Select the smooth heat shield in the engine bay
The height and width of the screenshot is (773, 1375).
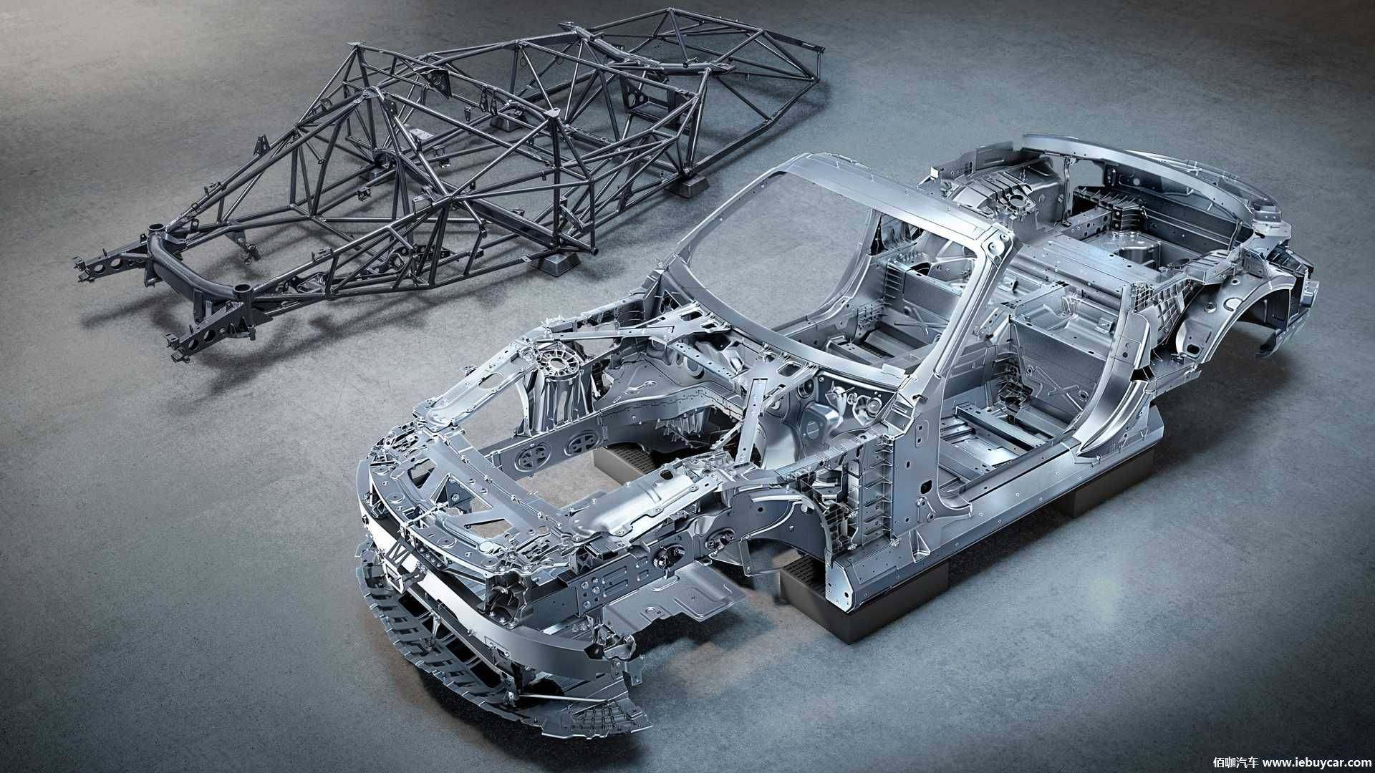641,498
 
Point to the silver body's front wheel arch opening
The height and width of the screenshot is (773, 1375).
759,530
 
